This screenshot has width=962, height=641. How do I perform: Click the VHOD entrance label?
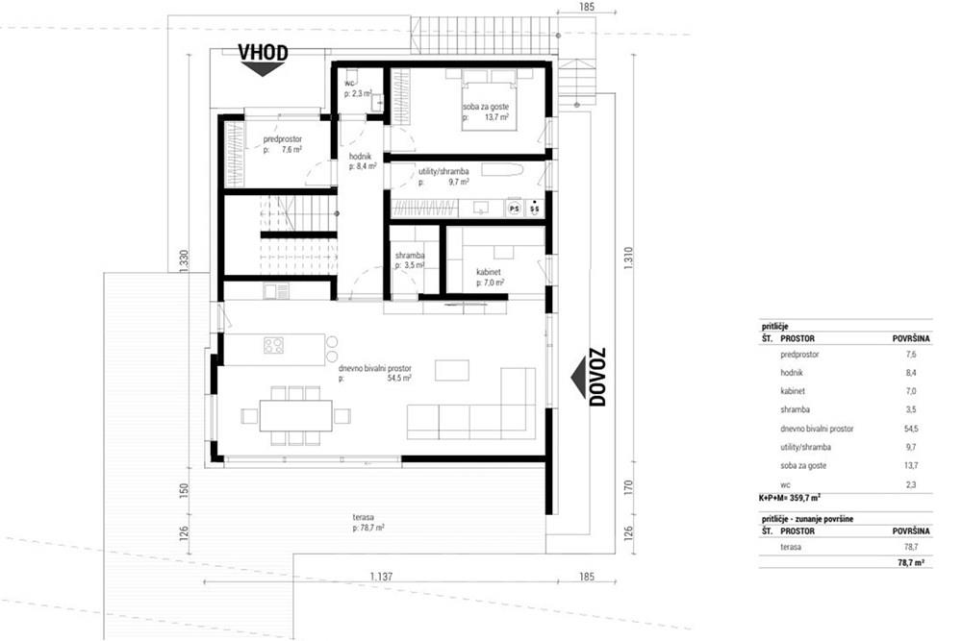[x=264, y=53]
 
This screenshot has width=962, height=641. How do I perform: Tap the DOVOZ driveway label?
[x=597, y=376]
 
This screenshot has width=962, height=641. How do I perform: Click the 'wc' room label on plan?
[x=350, y=84]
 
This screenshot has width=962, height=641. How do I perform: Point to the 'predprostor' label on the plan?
[x=283, y=139]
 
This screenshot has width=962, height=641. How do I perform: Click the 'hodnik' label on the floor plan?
[x=348, y=156]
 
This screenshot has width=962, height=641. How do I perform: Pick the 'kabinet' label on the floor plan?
[x=490, y=272]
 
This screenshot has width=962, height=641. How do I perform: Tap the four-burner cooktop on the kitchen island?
[x=274, y=345]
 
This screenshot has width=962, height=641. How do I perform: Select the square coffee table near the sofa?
[x=452, y=371]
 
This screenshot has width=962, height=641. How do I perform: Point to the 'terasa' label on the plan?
[x=364, y=517]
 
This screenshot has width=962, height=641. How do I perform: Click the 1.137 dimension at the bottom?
[x=382, y=577]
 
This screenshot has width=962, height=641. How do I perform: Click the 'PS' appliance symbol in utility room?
[x=514, y=208]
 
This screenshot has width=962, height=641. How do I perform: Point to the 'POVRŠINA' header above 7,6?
[x=909, y=339]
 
